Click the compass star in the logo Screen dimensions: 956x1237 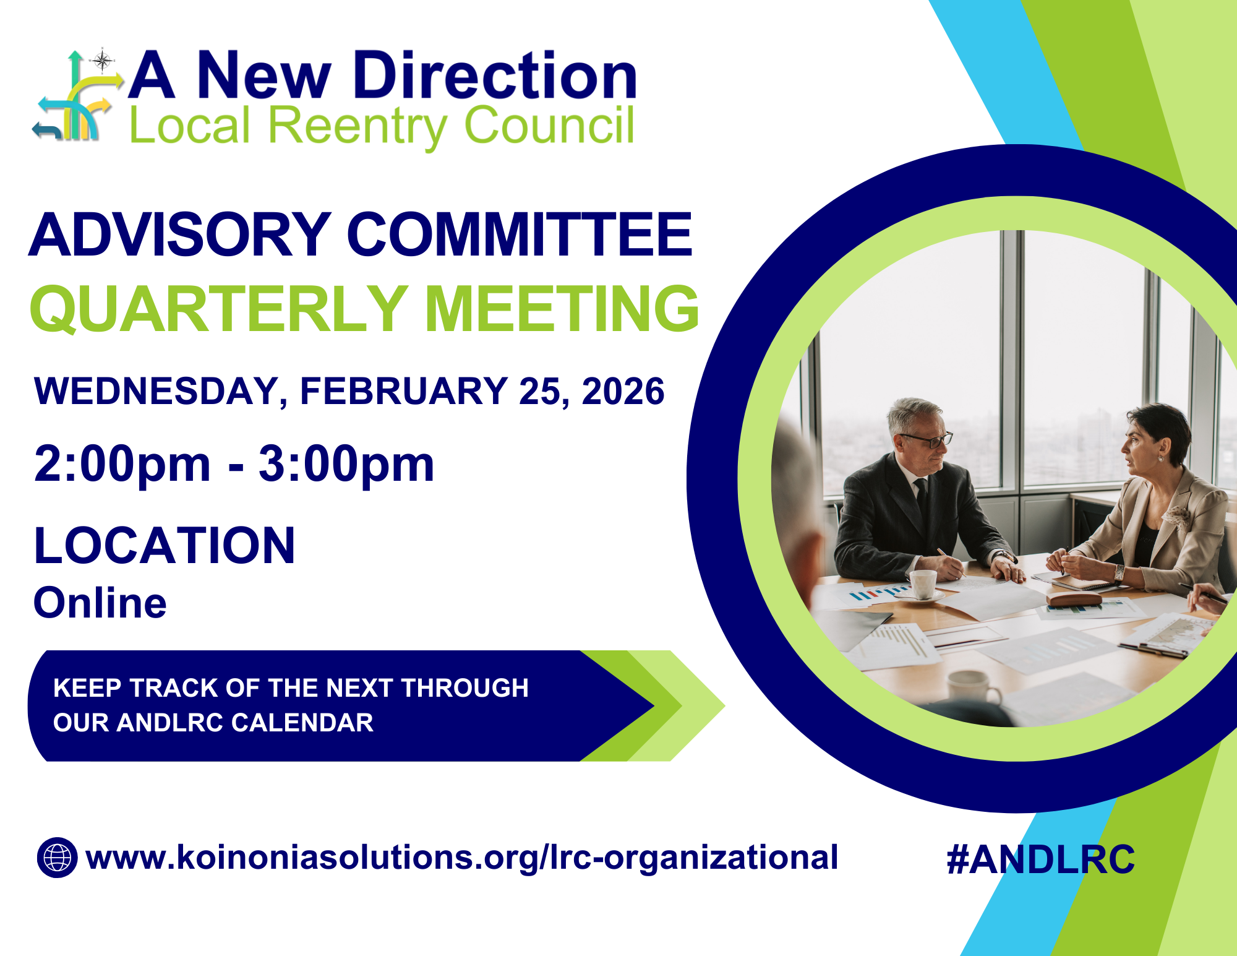click(102, 61)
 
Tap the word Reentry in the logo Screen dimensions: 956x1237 click(357, 125)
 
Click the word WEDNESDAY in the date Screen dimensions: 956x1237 click(157, 391)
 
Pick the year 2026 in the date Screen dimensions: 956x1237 click(623, 391)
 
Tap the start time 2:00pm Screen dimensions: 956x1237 click(122, 463)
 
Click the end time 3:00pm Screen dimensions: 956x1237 click(346, 463)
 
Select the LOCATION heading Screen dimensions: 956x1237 click(165, 546)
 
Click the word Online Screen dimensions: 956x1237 click(100, 603)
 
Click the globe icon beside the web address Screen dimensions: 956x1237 click(57, 858)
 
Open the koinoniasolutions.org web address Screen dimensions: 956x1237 click(461, 858)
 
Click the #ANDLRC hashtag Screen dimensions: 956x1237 click(1040, 859)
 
